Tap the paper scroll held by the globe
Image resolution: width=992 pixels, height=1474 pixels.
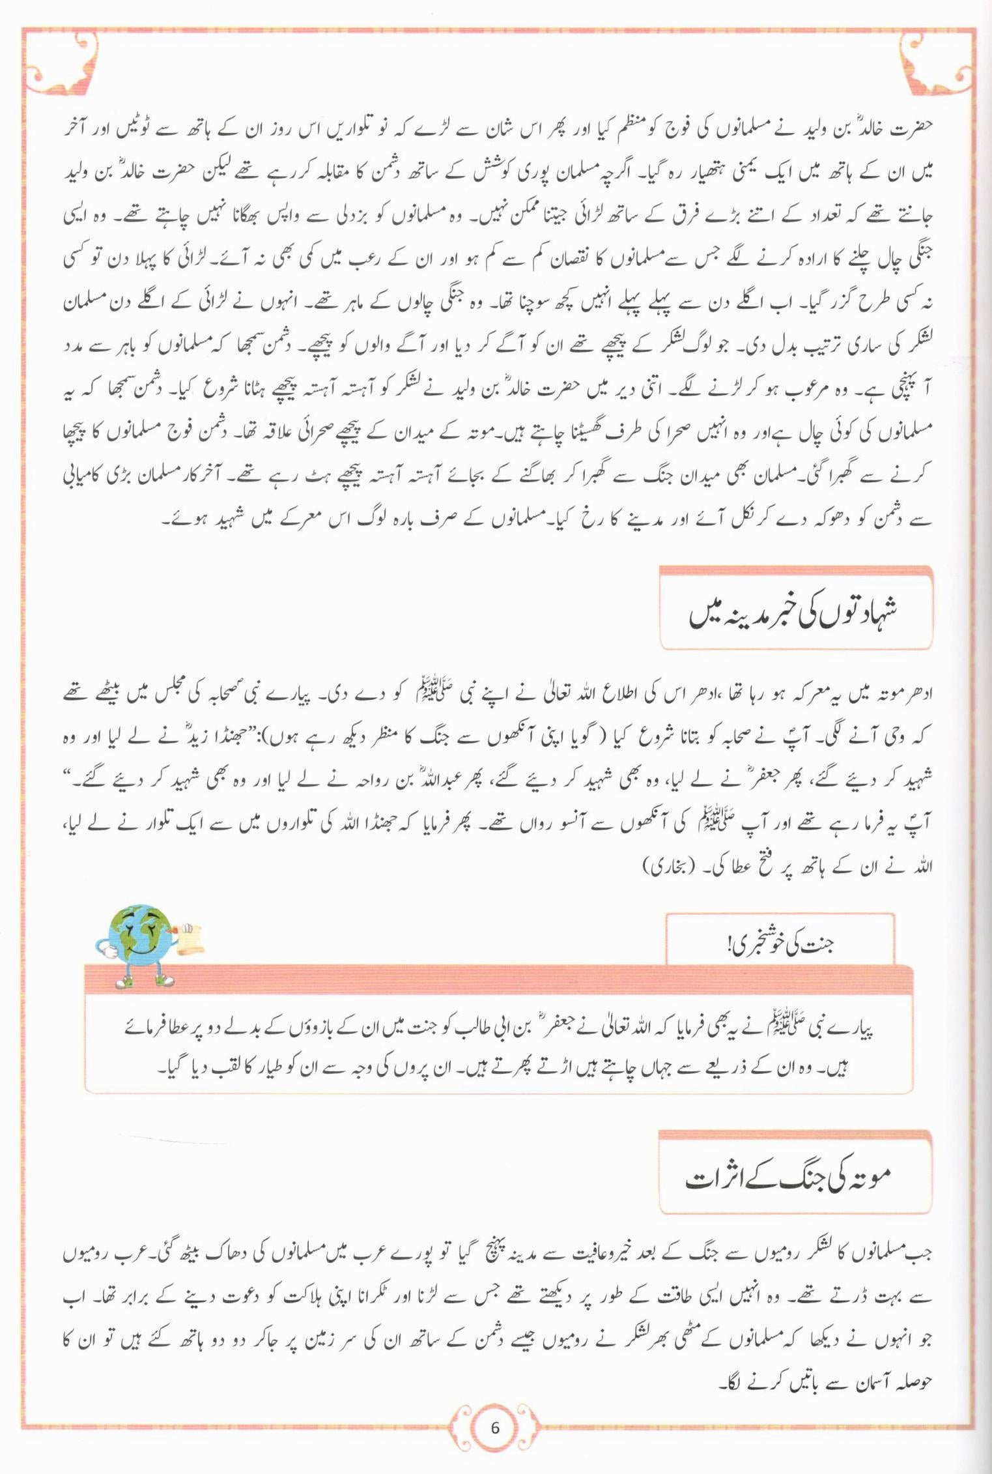pos(190,939)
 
